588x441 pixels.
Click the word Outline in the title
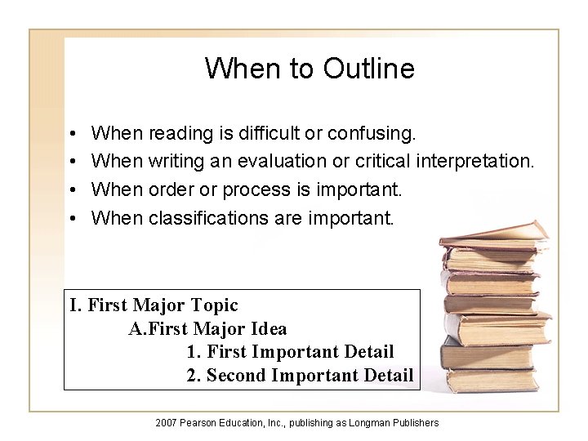click(368, 69)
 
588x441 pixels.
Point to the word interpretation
click(475, 161)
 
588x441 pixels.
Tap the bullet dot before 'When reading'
click(73, 132)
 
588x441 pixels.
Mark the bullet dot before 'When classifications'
click(73, 218)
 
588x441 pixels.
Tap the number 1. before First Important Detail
click(194, 352)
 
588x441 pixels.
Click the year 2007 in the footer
click(166, 422)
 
